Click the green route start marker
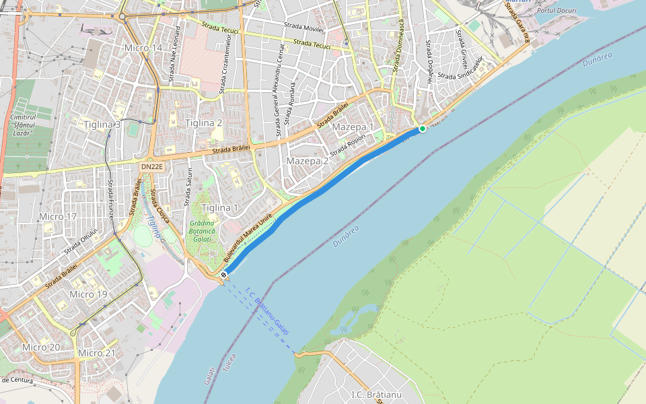point(423,129)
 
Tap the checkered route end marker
point(223,275)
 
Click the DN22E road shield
point(152,166)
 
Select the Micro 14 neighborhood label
point(143,48)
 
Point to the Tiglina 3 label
point(102,125)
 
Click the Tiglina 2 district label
point(204,123)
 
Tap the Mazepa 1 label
point(353,127)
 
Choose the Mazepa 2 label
point(308,161)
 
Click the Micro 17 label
point(58,217)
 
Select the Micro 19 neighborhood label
point(88,294)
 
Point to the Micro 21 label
point(97,353)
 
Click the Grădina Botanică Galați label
point(202,231)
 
